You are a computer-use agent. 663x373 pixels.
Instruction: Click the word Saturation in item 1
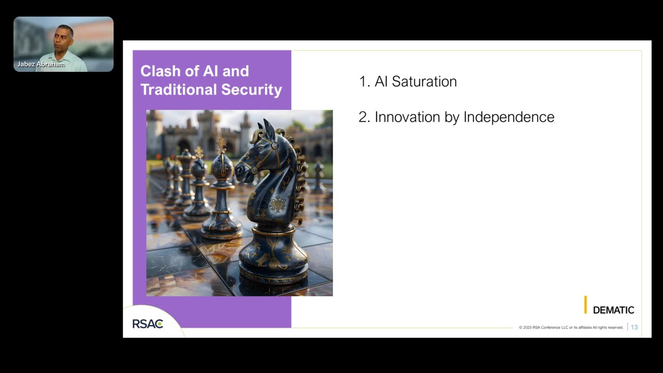[424, 82]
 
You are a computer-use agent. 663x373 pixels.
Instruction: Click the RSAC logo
[148, 324]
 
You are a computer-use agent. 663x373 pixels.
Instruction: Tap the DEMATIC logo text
[613, 310]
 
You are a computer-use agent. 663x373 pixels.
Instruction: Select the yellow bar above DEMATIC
[585, 305]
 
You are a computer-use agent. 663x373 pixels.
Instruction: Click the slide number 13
[634, 327]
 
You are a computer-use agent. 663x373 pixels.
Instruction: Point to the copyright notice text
[571, 327]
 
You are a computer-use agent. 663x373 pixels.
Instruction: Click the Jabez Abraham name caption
[41, 64]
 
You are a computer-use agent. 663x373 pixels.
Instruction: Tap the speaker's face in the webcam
[64, 36]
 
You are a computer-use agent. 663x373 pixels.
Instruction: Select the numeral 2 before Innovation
[363, 117]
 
